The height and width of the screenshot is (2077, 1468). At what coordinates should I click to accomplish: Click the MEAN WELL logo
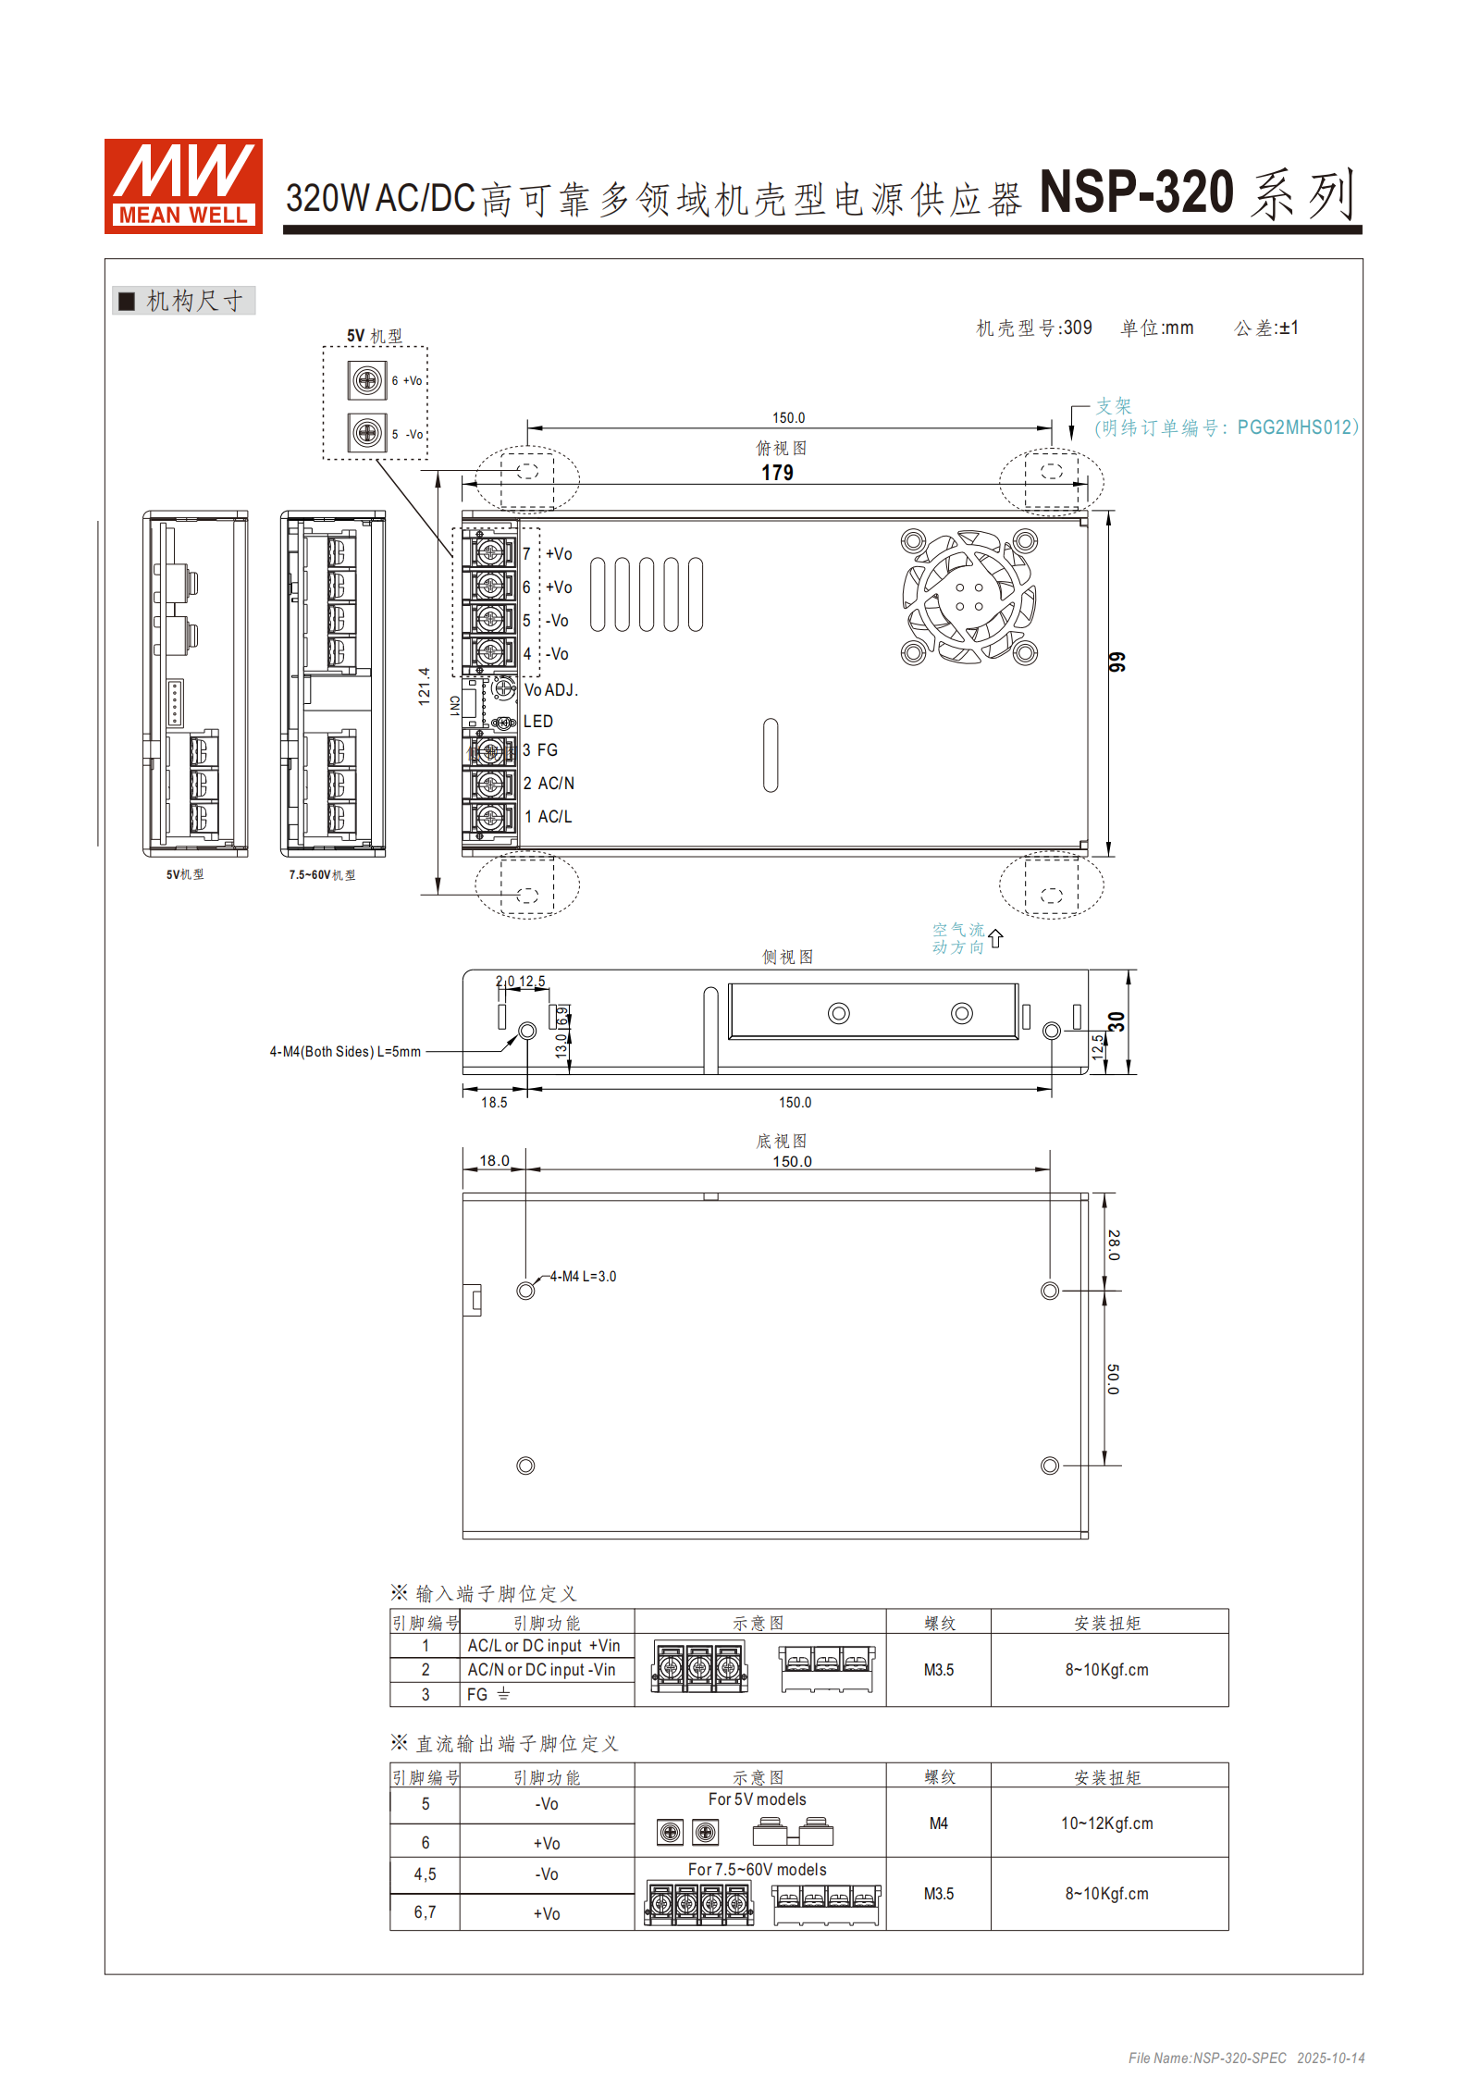tap(183, 185)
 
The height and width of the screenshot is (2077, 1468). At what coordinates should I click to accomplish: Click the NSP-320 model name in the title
tap(1137, 192)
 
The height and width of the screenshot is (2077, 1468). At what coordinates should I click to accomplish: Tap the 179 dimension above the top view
tap(777, 473)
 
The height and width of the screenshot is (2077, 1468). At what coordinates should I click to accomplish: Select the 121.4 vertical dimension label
tap(425, 686)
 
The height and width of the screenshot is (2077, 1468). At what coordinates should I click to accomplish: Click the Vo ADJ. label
tap(551, 690)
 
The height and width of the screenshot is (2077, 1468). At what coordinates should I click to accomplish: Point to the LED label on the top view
tap(538, 722)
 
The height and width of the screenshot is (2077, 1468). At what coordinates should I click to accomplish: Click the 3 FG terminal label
tap(541, 750)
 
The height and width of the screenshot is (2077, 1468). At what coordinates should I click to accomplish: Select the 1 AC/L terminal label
tap(549, 817)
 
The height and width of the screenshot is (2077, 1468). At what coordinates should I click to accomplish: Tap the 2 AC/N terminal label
tap(549, 784)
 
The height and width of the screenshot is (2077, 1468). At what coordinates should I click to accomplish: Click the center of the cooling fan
tap(969, 597)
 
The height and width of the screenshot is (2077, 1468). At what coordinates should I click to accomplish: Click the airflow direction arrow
tap(995, 938)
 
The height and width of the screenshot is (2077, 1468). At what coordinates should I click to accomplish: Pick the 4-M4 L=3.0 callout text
tap(583, 1277)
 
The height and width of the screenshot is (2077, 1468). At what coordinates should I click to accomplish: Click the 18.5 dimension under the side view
tap(494, 1103)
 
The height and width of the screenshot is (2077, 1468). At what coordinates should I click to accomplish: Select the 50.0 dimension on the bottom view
tap(1114, 1378)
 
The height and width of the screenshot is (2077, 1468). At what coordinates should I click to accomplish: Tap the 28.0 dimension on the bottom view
tap(1114, 1244)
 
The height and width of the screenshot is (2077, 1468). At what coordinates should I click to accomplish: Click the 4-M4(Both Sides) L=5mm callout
tap(345, 1052)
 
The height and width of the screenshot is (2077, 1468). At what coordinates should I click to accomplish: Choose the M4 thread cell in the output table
tap(938, 1824)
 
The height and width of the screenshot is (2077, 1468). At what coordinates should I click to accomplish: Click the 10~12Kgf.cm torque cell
tap(1107, 1824)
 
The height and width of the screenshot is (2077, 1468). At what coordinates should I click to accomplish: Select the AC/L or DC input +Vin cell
tap(544, 1646)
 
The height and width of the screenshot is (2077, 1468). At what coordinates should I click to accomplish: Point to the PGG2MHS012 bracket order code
tap(1295, 427)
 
